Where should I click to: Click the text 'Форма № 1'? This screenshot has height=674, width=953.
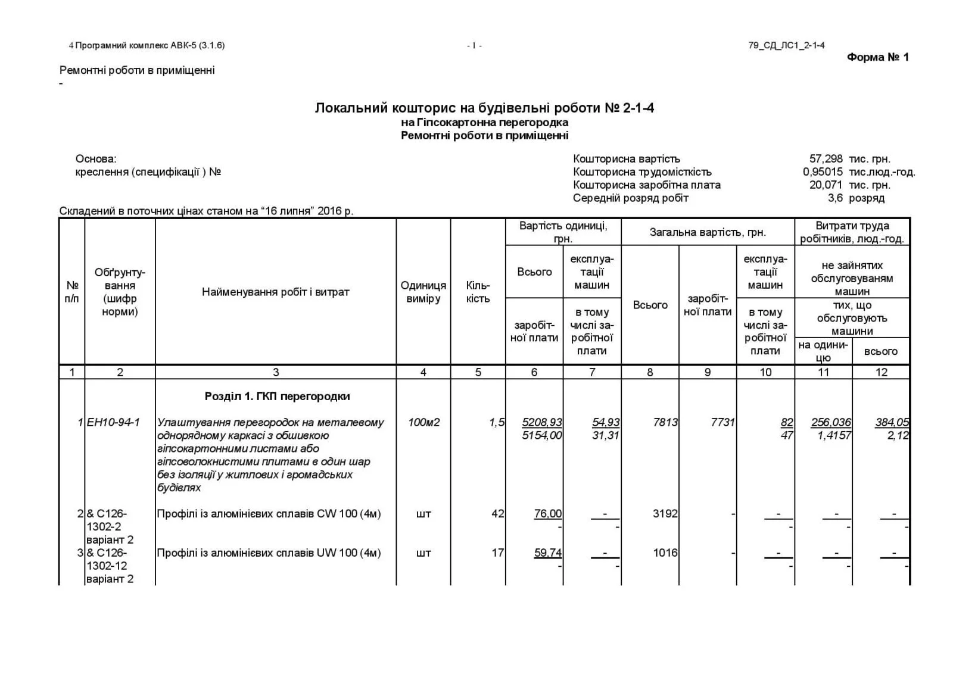point(877,57)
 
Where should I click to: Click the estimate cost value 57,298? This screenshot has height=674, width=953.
point(826,159)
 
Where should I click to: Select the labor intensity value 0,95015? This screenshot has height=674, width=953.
point(822,172)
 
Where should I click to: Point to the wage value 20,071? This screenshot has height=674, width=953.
point(826,185)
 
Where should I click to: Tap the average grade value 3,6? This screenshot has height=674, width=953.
point(835,198)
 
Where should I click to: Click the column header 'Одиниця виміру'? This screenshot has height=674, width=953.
point(423,292)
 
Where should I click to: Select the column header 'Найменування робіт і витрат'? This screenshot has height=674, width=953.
point(275,292)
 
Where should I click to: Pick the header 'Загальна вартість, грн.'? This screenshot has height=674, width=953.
point(707,232)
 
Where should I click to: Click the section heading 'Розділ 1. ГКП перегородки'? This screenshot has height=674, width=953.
point(277,396)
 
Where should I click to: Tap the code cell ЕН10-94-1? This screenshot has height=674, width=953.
point(113,422)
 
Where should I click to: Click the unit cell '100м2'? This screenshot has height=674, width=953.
point(423,422)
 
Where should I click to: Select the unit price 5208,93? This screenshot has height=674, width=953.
point(541,422)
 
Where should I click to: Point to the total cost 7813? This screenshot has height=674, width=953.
point(665,422)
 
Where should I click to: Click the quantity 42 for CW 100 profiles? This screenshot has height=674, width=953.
point(497,513)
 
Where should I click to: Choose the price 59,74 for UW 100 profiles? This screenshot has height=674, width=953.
point(547,553)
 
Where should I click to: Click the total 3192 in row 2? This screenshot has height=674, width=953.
point(665,513)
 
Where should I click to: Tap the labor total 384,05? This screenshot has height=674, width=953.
point(892,422)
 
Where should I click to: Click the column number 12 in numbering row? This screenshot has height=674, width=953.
point(881,372)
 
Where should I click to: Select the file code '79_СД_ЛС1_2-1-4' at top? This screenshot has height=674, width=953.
point(786,45)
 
